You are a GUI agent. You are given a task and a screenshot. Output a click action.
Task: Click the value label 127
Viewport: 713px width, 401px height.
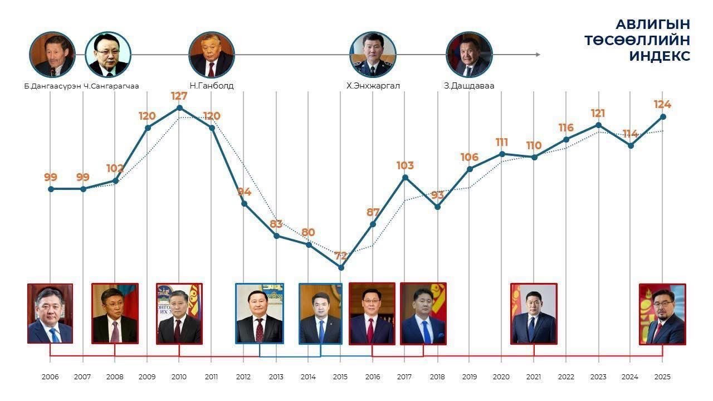(179, 96)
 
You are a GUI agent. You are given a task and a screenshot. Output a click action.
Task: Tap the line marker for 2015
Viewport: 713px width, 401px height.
(341, 267)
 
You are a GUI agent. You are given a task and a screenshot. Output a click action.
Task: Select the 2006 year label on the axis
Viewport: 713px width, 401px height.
(50, 377)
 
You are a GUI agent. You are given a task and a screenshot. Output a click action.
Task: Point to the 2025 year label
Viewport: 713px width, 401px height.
(662, 377)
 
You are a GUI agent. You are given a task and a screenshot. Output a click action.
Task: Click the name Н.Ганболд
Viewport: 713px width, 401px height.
(211, 86)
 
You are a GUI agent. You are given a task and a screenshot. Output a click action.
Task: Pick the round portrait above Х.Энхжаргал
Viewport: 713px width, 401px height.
(373, 55)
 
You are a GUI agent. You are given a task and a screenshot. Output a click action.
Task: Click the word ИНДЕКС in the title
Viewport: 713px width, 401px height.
(660, 56)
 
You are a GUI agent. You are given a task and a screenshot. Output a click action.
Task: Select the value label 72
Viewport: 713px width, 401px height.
(341, 256)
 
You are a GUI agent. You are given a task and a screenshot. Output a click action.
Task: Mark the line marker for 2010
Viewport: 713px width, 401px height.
(179, 107)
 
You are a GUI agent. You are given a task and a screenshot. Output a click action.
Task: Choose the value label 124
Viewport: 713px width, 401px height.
(662, 104)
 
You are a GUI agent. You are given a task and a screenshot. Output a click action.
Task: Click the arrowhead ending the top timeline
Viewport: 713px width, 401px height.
(538, 55)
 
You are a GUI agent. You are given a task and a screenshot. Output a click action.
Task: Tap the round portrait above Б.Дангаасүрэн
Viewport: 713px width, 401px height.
(52, 55)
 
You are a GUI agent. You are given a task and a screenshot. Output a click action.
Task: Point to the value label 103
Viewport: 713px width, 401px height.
(405, 165)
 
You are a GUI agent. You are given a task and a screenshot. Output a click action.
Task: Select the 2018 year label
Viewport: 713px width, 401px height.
(437, 377)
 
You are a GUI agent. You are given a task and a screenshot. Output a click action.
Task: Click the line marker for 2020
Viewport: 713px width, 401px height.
(502, 154)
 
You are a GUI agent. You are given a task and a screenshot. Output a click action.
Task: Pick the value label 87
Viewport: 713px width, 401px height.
(373, 212)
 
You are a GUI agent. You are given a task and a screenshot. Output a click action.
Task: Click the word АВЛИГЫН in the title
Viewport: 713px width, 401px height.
(652, 25)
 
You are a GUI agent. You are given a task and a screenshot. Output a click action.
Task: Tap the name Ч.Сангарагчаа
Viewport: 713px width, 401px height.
(111, 86)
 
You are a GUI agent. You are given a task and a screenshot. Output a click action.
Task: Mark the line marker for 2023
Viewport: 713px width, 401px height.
(598, 125)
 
